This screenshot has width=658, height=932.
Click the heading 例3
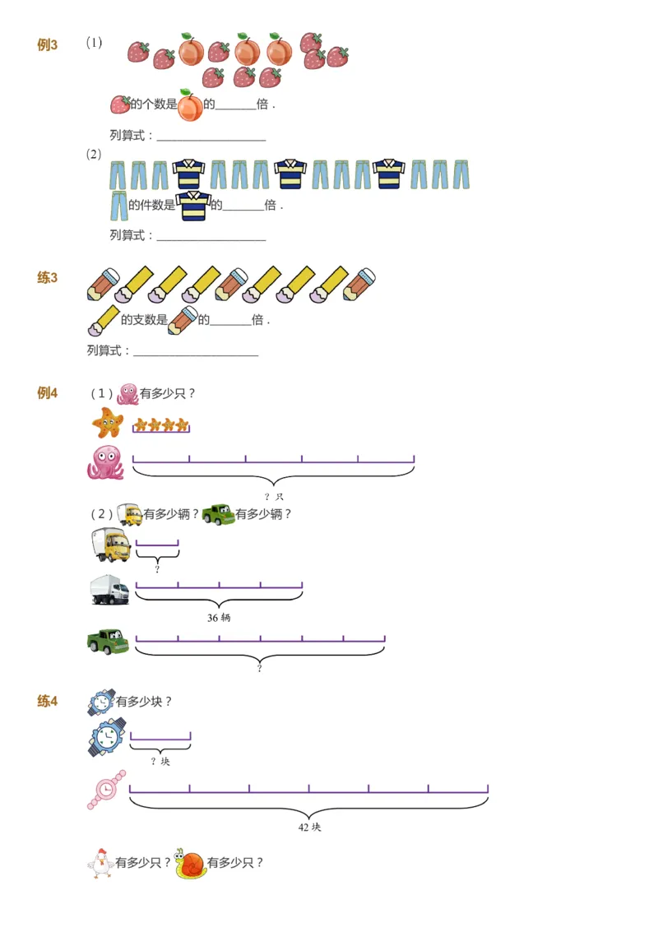[x=47, y=45]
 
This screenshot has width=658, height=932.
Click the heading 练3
[x=47, y=278]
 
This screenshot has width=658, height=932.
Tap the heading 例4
[x=47, y=393]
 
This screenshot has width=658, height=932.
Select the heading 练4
[x=47, y=702]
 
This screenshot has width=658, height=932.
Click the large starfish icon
[x=108, y=424]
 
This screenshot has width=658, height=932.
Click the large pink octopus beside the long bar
[x=106, y=462]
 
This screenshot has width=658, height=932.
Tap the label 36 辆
[x=219, y=617]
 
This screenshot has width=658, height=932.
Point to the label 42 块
[x=309, y=827]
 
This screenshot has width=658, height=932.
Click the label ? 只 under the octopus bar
[x=274, y=497]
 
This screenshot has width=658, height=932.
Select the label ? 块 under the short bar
[x=160, y=762]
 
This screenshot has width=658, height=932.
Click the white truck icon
[x=109, y=590]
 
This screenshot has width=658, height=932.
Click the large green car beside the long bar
[x=108, y=642]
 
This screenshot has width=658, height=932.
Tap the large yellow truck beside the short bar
[x=110, y=545]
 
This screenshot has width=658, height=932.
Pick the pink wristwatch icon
[x=106, y=791]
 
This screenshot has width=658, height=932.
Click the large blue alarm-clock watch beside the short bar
[x=107, y=736]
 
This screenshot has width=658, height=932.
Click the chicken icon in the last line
[x=100, y=863]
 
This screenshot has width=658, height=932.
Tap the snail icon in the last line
[x=190, y=863]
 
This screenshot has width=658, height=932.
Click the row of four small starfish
[x=161, y=425]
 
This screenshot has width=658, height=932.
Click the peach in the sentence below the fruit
[x=190, y=106]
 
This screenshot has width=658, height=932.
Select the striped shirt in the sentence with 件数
[x=193, y=206]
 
